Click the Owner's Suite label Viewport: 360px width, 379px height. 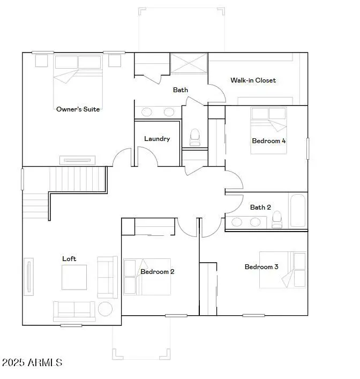coord(78,109)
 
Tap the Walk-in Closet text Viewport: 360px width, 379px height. coord(253,80)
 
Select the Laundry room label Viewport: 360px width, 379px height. coord(157,139)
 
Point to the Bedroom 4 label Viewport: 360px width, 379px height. coord(268,141)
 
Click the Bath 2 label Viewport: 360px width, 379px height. coord(260,207)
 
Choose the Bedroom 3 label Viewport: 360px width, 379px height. coord(261,267)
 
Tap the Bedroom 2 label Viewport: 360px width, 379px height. coord(157,272)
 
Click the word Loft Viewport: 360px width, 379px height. coord(69,259)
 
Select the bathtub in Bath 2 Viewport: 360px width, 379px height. coord(297,210)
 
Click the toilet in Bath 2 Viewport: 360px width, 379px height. coord(277,219)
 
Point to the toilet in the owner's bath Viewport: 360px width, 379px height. coord(194,137)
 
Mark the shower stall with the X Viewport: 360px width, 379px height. coord(189,64)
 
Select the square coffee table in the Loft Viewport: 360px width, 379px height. coord(74,277)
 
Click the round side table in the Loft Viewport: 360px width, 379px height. coord(104,309)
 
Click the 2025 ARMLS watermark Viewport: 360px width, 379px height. coord(32,363)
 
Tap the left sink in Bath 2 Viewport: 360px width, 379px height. coord(237,221)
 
